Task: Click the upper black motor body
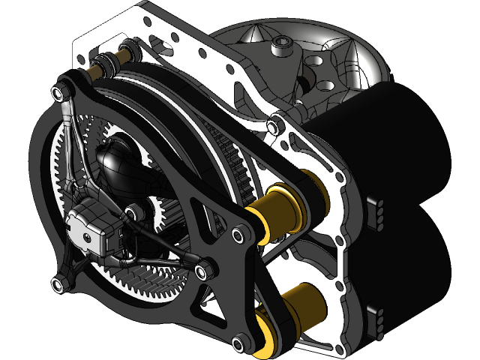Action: (405, 142)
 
